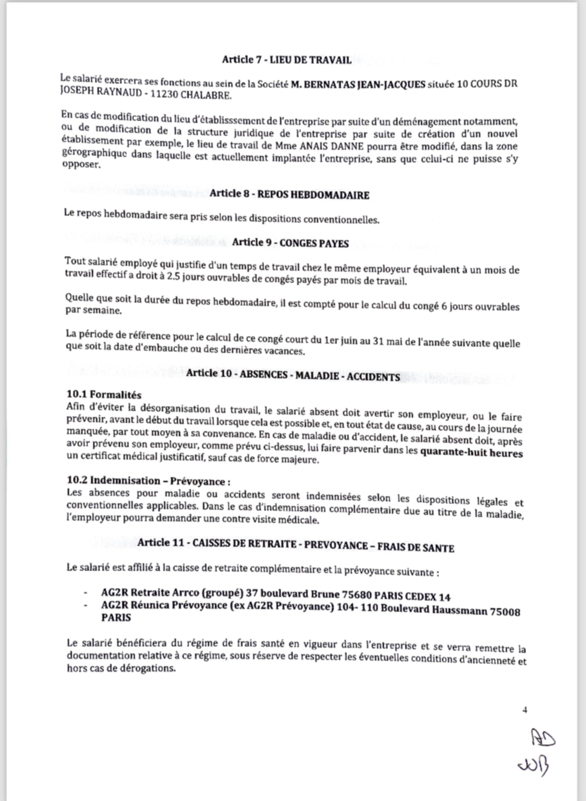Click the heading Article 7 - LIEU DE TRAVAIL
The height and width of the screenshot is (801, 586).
(287, 59)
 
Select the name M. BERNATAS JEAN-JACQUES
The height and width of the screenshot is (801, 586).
(358, 84)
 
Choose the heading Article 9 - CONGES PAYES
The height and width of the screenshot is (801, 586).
(290, 243)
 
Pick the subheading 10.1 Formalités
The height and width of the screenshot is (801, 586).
(104, 394)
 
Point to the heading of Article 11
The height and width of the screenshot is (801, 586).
(296, 547)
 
